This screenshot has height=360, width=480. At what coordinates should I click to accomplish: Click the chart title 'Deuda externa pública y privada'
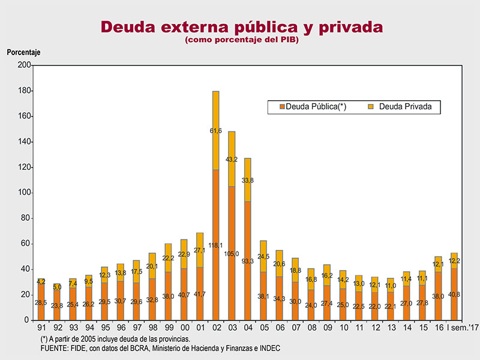click(x=241, y=27)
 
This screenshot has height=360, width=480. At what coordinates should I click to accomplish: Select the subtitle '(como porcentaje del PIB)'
click(x=241, y=40)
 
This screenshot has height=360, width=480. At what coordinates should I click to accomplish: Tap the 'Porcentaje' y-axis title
click(x=23, y=52)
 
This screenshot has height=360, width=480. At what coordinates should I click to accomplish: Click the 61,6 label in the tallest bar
click(x=216, y=130)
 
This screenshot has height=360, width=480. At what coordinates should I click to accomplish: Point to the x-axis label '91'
click(x=41, y=328)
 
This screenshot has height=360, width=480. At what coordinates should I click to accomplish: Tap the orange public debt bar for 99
click(x=169, y=288)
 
